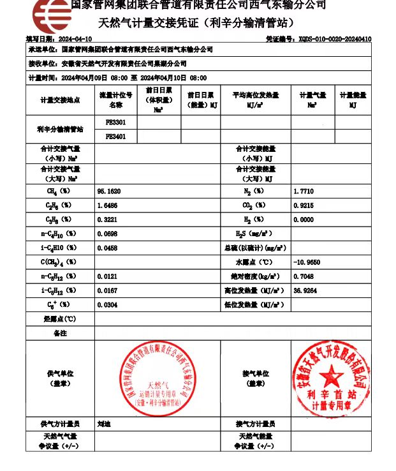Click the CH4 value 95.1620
[x=109, y=191]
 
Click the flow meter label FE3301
[x=115, y=122]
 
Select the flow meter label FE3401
[x=115, y=136]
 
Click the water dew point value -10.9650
[x=307, y=262]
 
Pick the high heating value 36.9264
[x=305, y=290]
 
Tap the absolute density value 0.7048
[x=303, y=276]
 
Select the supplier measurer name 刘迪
[x=104, y=424]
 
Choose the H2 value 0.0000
[x=303, y=220]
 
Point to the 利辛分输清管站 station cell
[x=60, y=129]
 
